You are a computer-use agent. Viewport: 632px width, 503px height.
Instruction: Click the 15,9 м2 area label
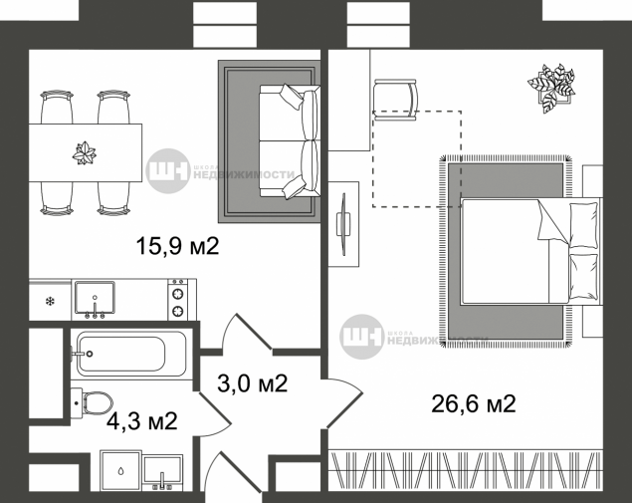[x=176, y=247]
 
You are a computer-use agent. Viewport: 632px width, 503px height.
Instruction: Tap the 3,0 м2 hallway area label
[x=253, y=383]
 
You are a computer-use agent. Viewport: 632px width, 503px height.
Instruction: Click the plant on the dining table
[x=84, y=152]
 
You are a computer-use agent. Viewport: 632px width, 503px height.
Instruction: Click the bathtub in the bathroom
[x=120, y=355]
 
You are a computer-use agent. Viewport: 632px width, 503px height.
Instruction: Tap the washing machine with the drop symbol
[x=119, y=470]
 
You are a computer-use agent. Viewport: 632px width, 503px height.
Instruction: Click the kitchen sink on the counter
[x=97, y=299]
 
